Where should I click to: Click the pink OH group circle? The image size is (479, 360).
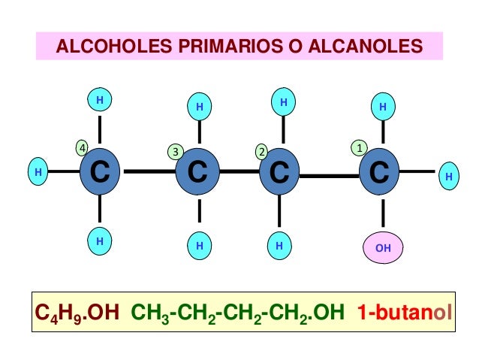tap(383, 247)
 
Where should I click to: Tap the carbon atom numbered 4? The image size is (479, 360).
tap(99, 172)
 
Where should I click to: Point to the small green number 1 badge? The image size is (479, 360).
tap(360, 147)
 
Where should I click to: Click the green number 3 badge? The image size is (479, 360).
tap(175, 152)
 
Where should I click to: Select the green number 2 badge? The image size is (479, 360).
tap(261, 152)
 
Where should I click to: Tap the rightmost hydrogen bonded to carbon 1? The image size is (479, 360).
tap(448, 177)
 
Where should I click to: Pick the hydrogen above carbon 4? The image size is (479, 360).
tap(99, 99)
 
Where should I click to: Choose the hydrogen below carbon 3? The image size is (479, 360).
tap(199, 245)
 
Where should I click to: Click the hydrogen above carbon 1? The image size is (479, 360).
tap(383, 107)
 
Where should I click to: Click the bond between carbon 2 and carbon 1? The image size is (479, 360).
tap(330, 175)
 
